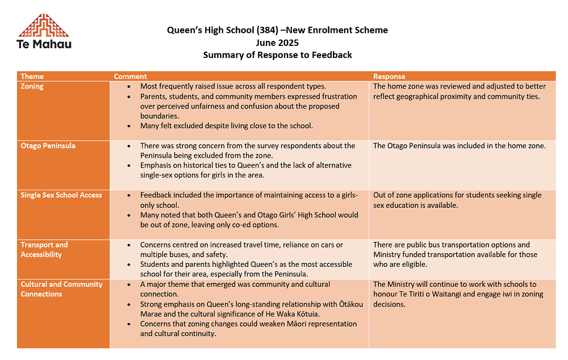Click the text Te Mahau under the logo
click(44, 44)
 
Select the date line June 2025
click(277, 43)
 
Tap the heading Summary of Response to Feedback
click(277, 55)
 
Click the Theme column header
click(32, 76)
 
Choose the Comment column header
click(130, 76)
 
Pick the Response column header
click(389, 76)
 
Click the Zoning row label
click(32, 86)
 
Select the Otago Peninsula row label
click(48, 146)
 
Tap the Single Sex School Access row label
click(61, 195)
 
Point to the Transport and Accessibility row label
click(44, 250)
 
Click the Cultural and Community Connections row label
click(61, 289)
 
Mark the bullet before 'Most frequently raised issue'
click(129, 87)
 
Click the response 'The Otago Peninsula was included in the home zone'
click(459, 146)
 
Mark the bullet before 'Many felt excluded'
click(129, 126)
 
